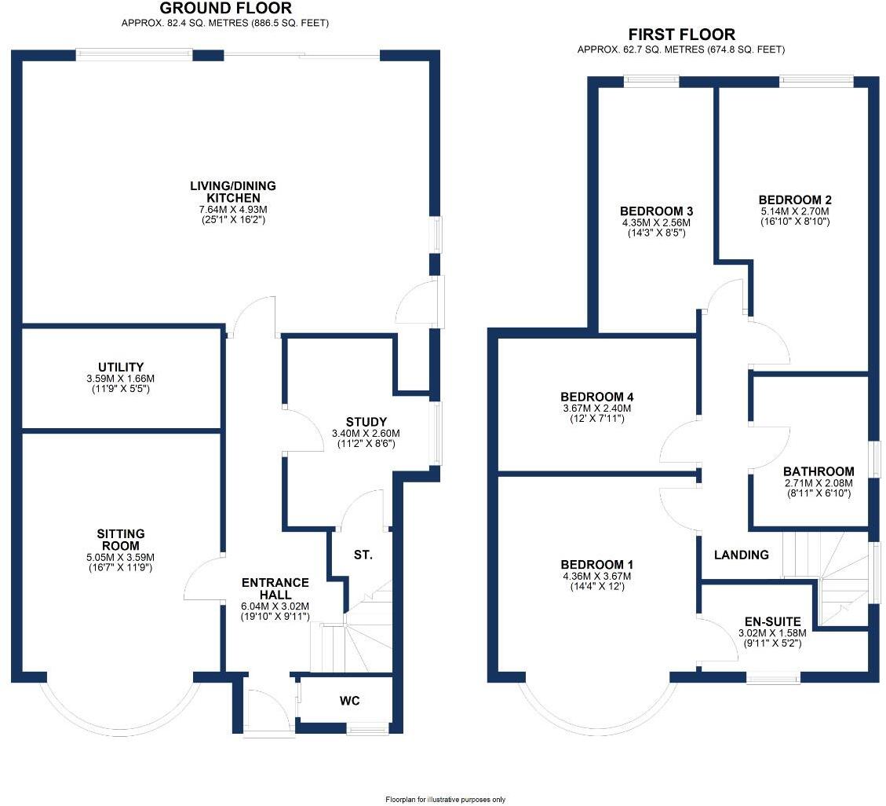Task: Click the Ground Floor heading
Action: (225, 9)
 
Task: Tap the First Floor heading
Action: (681, 35)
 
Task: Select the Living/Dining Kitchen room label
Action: (233, 192)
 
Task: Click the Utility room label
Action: (121, 367)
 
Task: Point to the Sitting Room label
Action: (121, 540)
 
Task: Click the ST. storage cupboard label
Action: (363, 555)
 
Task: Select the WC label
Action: (349, 701)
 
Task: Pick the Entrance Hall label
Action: (275, 588)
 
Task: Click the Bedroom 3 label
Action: (656, 211)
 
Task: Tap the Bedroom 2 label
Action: (793, 200)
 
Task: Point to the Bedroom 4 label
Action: (596, 397)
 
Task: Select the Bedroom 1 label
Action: (596, 565)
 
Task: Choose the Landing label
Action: (741, 555)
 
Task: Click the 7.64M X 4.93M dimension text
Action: (233, 210)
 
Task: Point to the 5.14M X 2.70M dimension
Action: (793, 211)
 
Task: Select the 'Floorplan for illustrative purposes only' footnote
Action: (445, 800)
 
